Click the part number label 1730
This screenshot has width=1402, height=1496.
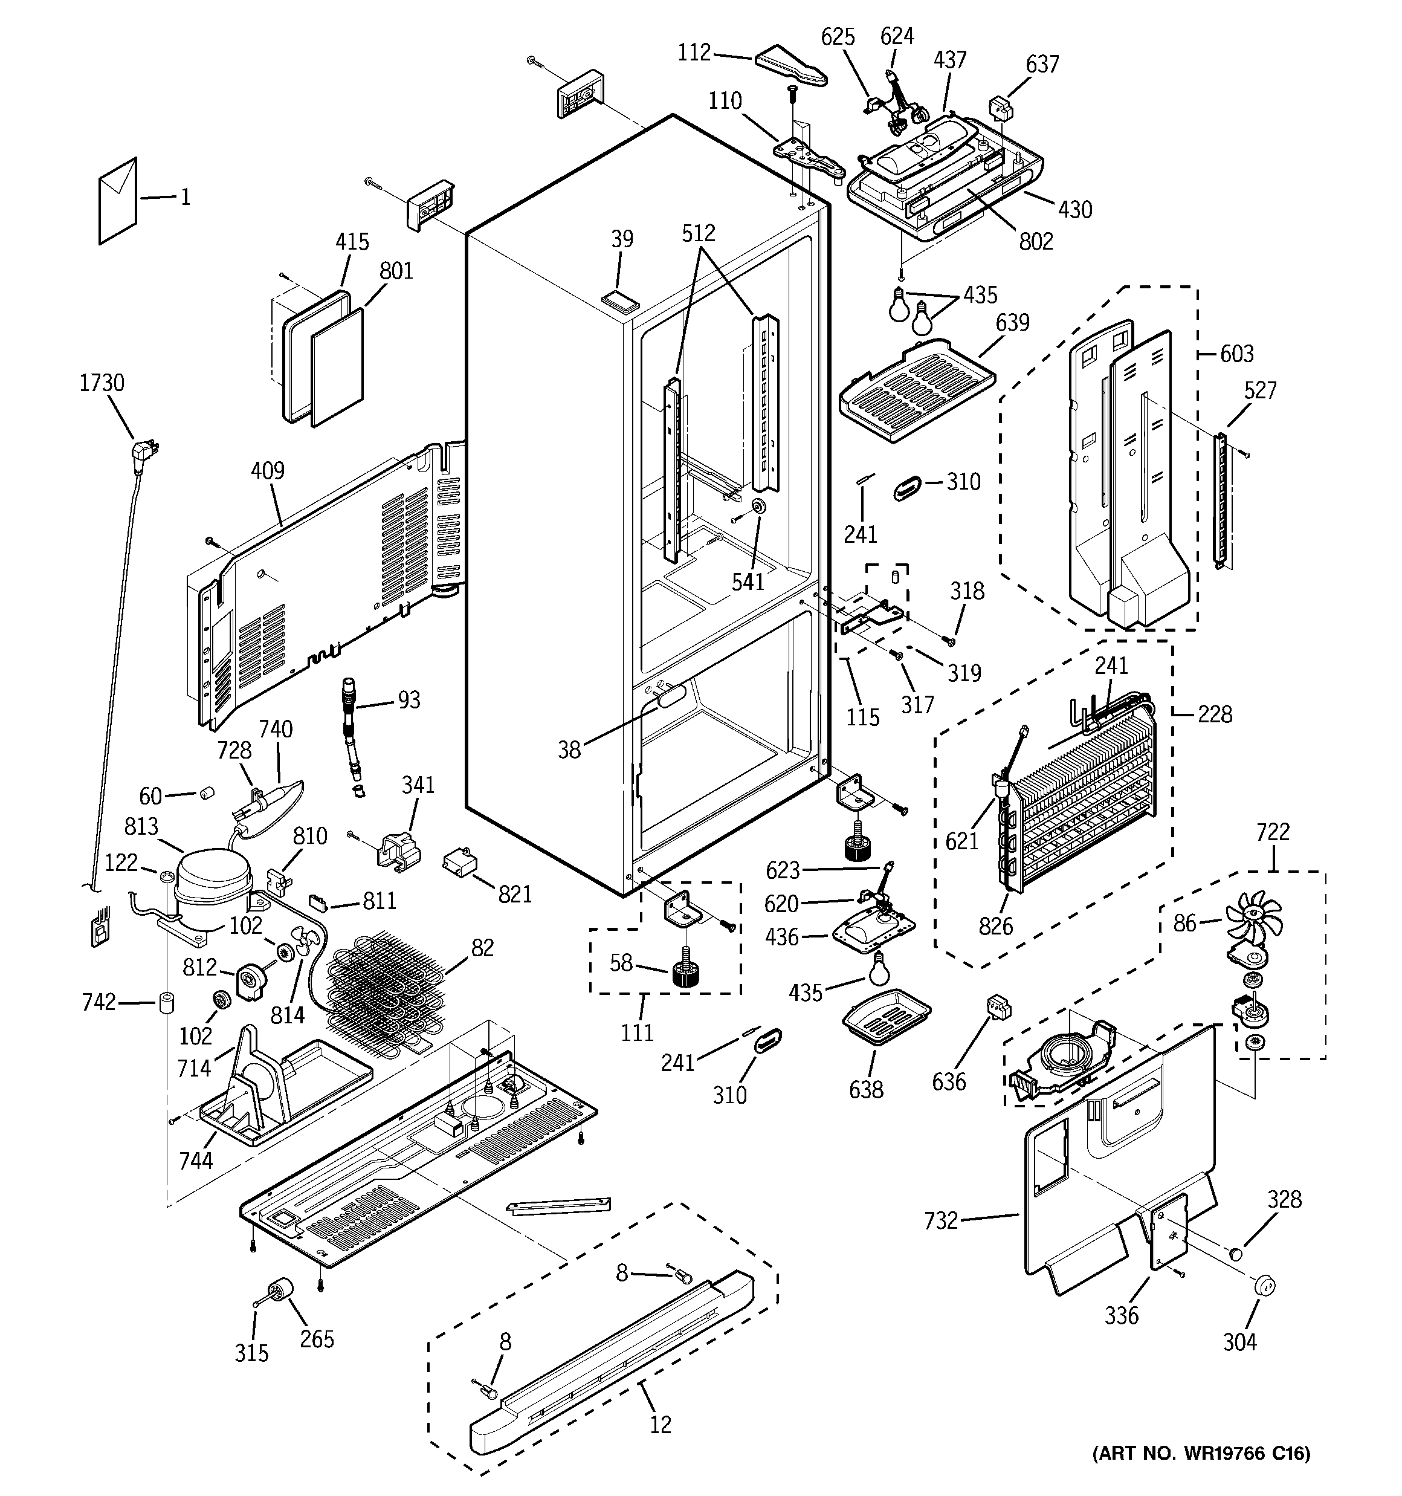[102, 383]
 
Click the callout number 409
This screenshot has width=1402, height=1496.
[267, 471]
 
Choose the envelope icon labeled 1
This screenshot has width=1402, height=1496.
[118, 201]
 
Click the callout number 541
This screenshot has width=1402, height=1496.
[748, 581]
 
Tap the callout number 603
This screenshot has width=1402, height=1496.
[1237, 354]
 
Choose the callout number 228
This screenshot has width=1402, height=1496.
[1215, 714]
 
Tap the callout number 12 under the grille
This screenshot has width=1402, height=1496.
[660, 1425]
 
